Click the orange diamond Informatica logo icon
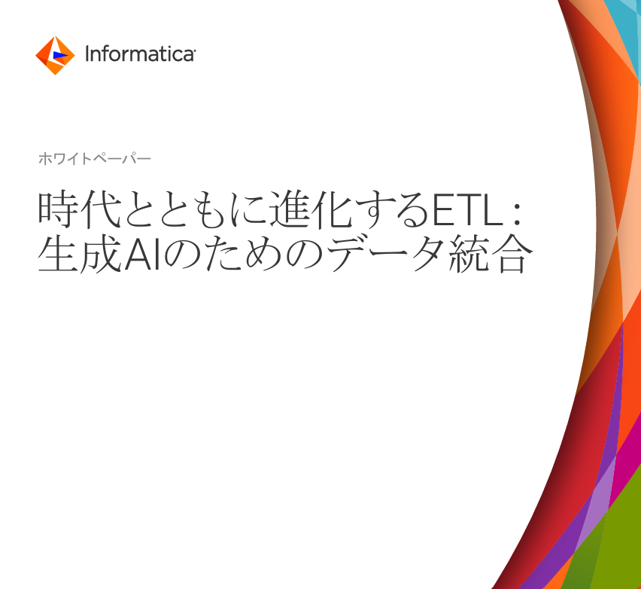pyautogui.click(x=55, y=55)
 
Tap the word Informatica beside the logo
pyautogui.click(x=140, y=55)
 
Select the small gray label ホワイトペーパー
pyautogui.click(x=93, y=159)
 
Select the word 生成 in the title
pyautogui.click(x=78, y=256)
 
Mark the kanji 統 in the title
pyautogui.click(x=472, y=256)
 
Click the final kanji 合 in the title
pyautogui.click(x=514, y=256)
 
